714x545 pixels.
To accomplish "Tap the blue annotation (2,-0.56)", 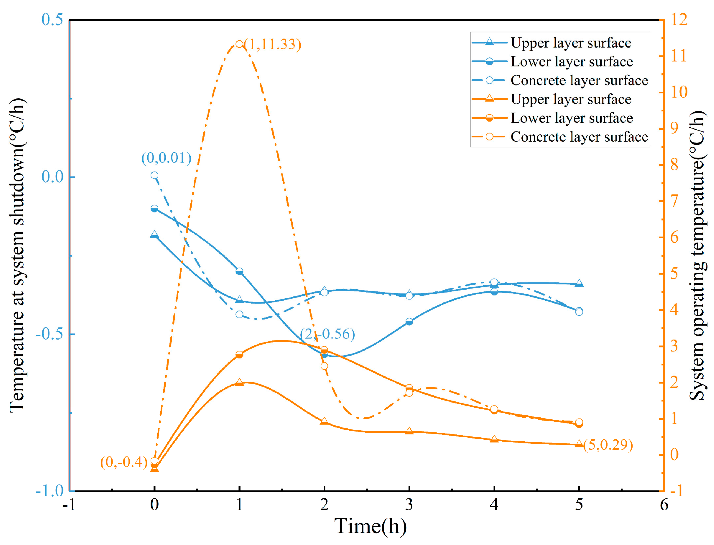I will (x=327, y=334).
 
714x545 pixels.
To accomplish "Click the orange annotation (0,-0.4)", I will (x=124, y=462).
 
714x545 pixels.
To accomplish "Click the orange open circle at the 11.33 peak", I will (x=239, y=44).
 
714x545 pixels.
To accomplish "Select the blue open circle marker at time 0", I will (x=155, y=175).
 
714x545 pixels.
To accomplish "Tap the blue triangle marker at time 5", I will (x=579, y=283).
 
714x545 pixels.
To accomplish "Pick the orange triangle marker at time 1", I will (x=239, y=382).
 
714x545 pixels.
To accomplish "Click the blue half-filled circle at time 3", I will (x=409, y=322).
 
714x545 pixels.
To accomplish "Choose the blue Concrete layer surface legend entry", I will (x=559, y=81).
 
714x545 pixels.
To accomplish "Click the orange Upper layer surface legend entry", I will (x=551, y=99).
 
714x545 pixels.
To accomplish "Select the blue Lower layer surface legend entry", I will (x=552, y=62).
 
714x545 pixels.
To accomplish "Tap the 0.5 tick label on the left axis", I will (x=52, y=20).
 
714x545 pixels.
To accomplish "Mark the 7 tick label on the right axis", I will (x=674, y=201).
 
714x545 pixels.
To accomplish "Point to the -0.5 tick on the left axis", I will (x=49, y=334).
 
